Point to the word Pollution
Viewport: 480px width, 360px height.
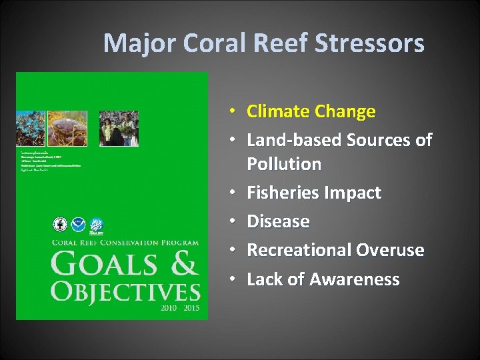pyautogui.click(x=284, y=164)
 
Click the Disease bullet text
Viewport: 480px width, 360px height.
pyautogui.click(x=278, y=221)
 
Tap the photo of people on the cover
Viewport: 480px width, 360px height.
pyautogui.click(x=119, y=129)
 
